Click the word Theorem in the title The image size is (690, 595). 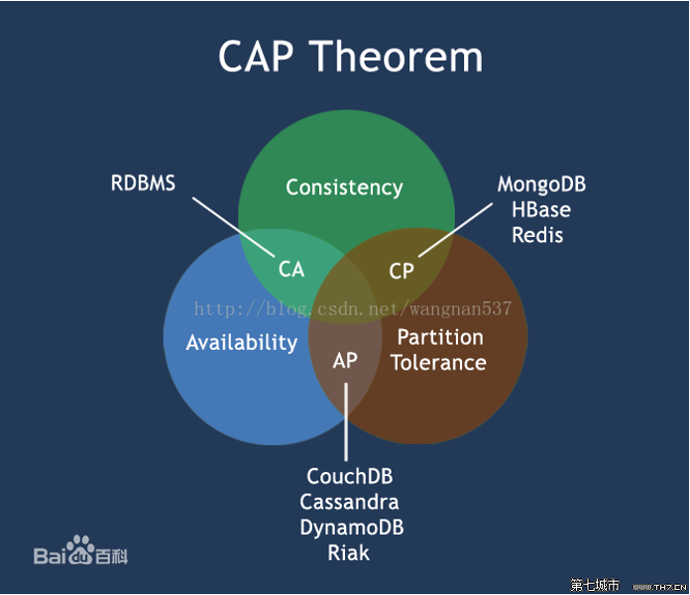pyautogui.click(x=402, y=57)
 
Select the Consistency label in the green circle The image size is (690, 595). pyautogui.click(x=344, y=187)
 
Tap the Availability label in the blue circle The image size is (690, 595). pyautogui.click(x=242, y=342)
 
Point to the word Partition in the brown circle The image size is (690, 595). pyautogui.click(x=440, y=337)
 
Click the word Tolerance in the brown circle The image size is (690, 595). pyautogui.click(x=438, y=363)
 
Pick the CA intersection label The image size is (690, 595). pyautogui.click(x=291, y=269)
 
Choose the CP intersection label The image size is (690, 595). pyautogui.click(x=402, y=271)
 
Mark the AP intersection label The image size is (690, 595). pyautogui.click(x=345, y=360)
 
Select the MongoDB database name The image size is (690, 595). pyautogui.click(x=541, y=184)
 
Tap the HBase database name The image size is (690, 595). pyautogui.click(x=541, y=210)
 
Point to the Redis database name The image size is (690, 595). pyautogui.click(x=537, y=235)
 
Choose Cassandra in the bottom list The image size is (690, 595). pyautogui.click(x=349, y=502)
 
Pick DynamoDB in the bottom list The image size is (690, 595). pyautogui.click(x=352, y=528)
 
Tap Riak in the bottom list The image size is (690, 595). pyautogui.click(x=348, y=552)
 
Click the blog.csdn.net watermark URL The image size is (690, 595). pyautogui.click(x=353, y=309)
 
